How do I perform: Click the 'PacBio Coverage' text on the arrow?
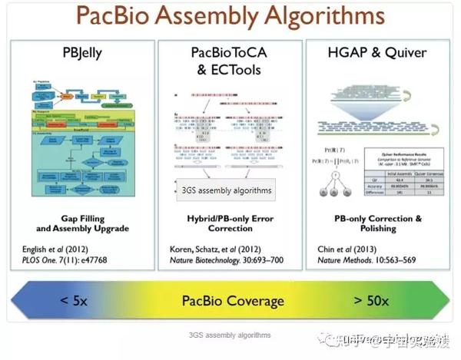coord(233,301)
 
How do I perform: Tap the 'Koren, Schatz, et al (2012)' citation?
coord(217,249)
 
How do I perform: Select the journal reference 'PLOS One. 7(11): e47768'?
coord(73,263)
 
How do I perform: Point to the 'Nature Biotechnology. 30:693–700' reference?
coord(227,263)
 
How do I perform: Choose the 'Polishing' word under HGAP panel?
coord(379,229)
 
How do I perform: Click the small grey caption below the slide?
coord(230,335)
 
